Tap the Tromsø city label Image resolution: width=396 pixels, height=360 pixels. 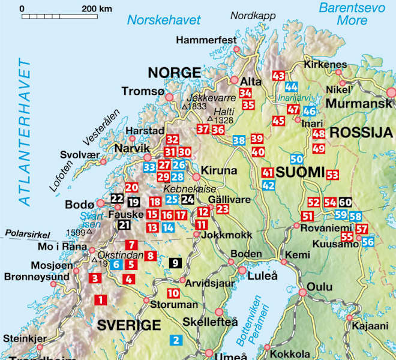point(142,91)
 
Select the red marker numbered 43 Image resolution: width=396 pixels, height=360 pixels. point(278,76)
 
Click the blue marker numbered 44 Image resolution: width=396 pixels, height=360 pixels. point(292,86)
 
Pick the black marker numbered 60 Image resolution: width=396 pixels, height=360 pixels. point(345,203)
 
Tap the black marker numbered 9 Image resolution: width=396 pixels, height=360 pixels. point(175,262)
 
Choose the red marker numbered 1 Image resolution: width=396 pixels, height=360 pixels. point(101,299)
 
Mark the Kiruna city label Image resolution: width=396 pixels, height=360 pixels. point(220,169)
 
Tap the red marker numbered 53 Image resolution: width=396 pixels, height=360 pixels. point(332,175)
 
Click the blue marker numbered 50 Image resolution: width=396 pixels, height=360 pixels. point(296,159)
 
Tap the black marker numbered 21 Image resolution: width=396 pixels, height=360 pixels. point(124,225)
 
